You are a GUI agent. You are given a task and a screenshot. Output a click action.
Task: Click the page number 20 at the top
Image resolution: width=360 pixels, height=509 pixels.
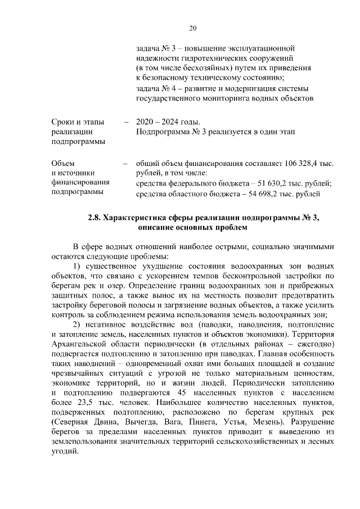[192, 28]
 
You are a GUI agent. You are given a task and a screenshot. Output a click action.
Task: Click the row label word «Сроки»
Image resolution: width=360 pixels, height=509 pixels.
[62, 122]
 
